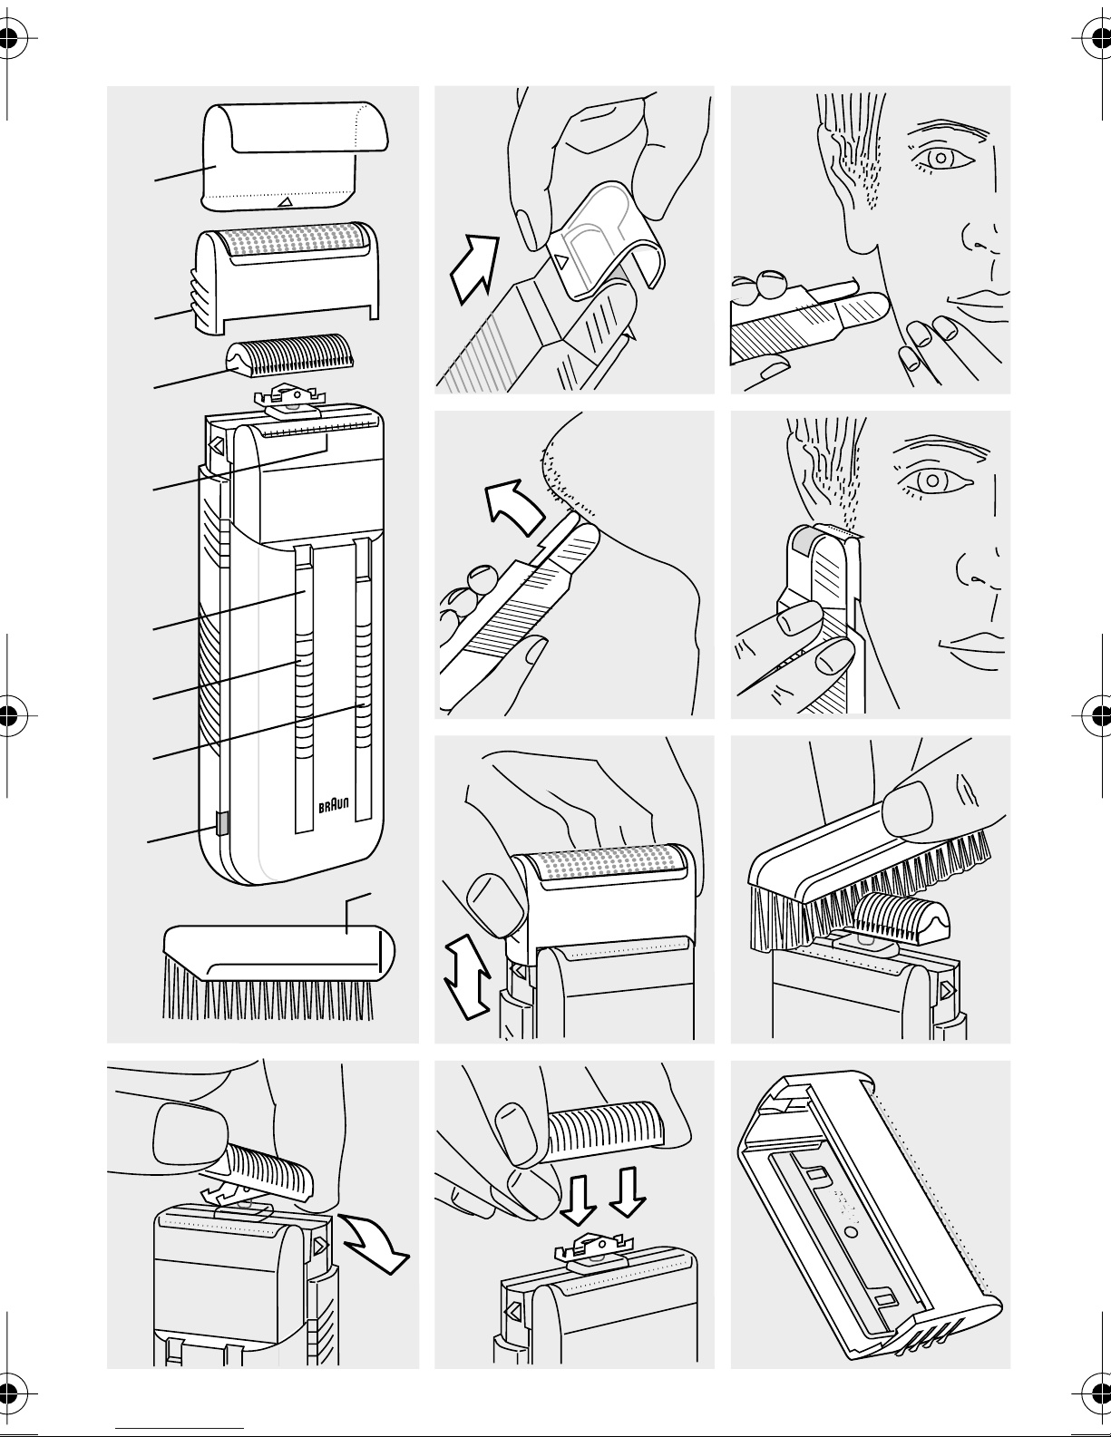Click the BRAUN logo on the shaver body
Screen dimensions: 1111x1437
coord(334,805)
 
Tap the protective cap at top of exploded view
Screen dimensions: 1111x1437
coord(294,156)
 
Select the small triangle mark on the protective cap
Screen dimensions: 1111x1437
coord(285,201)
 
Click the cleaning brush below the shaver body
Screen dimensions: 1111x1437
coord(278,971)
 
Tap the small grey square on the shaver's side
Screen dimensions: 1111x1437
coord(221,823)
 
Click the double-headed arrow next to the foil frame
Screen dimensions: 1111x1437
coord(468,976)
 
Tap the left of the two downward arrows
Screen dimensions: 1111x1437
coord(578,1199)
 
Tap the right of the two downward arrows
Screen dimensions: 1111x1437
coord(627,1192)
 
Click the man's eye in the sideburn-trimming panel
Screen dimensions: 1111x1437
coord(932,481)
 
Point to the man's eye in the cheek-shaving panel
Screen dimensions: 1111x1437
coord(940,158)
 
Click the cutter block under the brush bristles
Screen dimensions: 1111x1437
coord(901,918)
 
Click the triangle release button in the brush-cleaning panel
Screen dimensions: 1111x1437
coord(948,990)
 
